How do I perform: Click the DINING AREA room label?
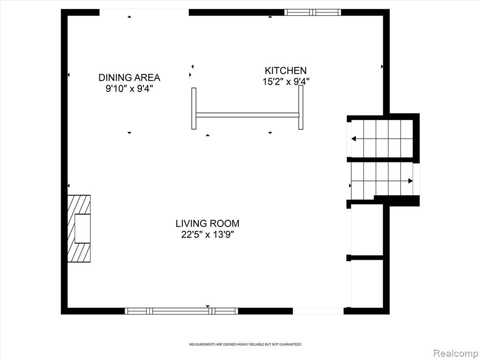pyautogui.click(x=129, y=78)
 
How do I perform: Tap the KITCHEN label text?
pyautogui.click(x=285, y=71)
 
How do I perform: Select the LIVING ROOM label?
pyautogui.click(x=208, y=224)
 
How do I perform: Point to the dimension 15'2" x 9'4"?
pyautogui.click(x=286, y=82)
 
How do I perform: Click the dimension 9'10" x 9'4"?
pyautogui.click(x=129, y=89)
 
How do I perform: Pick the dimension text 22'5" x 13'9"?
pyautogui.click(x=208, y=235)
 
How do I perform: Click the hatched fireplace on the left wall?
pyautogui.click(x=79, y=229)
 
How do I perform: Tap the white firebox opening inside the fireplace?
pyautogui.click(x=82, y=229)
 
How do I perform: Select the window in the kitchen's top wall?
pyautogui.click(x=313, y=12)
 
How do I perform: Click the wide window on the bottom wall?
pyautogui.click(x=181, y=311)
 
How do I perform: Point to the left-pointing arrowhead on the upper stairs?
pyautogui.click(x=353, y=139)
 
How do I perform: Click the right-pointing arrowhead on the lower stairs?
pyautogui.click(x=411, y=181)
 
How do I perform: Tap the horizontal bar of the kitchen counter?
pyautogui.click(x=247, y=115)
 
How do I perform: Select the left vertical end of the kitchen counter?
pyautogui.click(x=194, y=108)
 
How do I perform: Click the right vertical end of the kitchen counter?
pyautogui.click(x=301, y=107)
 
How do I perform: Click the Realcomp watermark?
pyautogui.click(x=455, y=353)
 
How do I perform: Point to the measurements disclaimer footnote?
pyautogui.click(x=245, y=345)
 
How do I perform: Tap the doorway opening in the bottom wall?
pyautogui.click(x=318, y=311)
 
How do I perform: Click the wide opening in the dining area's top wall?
pyautogui.click(x=144, y=12)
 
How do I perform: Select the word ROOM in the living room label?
pyautogui.click(x=226, y=224)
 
